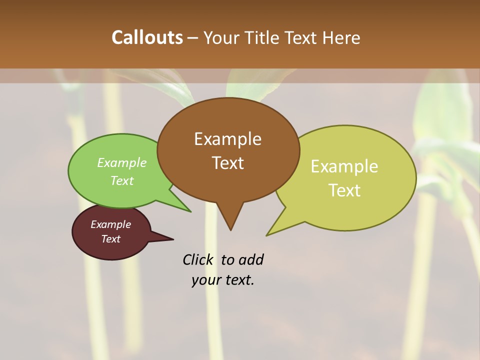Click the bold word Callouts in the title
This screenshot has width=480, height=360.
[147, 37]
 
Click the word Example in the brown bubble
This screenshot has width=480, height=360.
[227, 138]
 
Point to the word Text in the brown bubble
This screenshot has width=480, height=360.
[227, 162]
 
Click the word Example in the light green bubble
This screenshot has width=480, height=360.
[121, 162]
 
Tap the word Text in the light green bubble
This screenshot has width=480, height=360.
[121, 180]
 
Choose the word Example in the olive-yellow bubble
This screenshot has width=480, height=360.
[344, 166]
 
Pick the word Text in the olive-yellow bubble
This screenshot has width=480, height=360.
[344, 190]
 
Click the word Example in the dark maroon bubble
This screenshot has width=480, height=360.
[110, 224]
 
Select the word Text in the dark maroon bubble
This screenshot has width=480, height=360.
[110, 239]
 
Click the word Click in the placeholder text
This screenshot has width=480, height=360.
[197, 259]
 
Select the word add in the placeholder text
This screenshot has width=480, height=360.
[250, 259]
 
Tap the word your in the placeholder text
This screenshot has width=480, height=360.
[205, 280]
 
